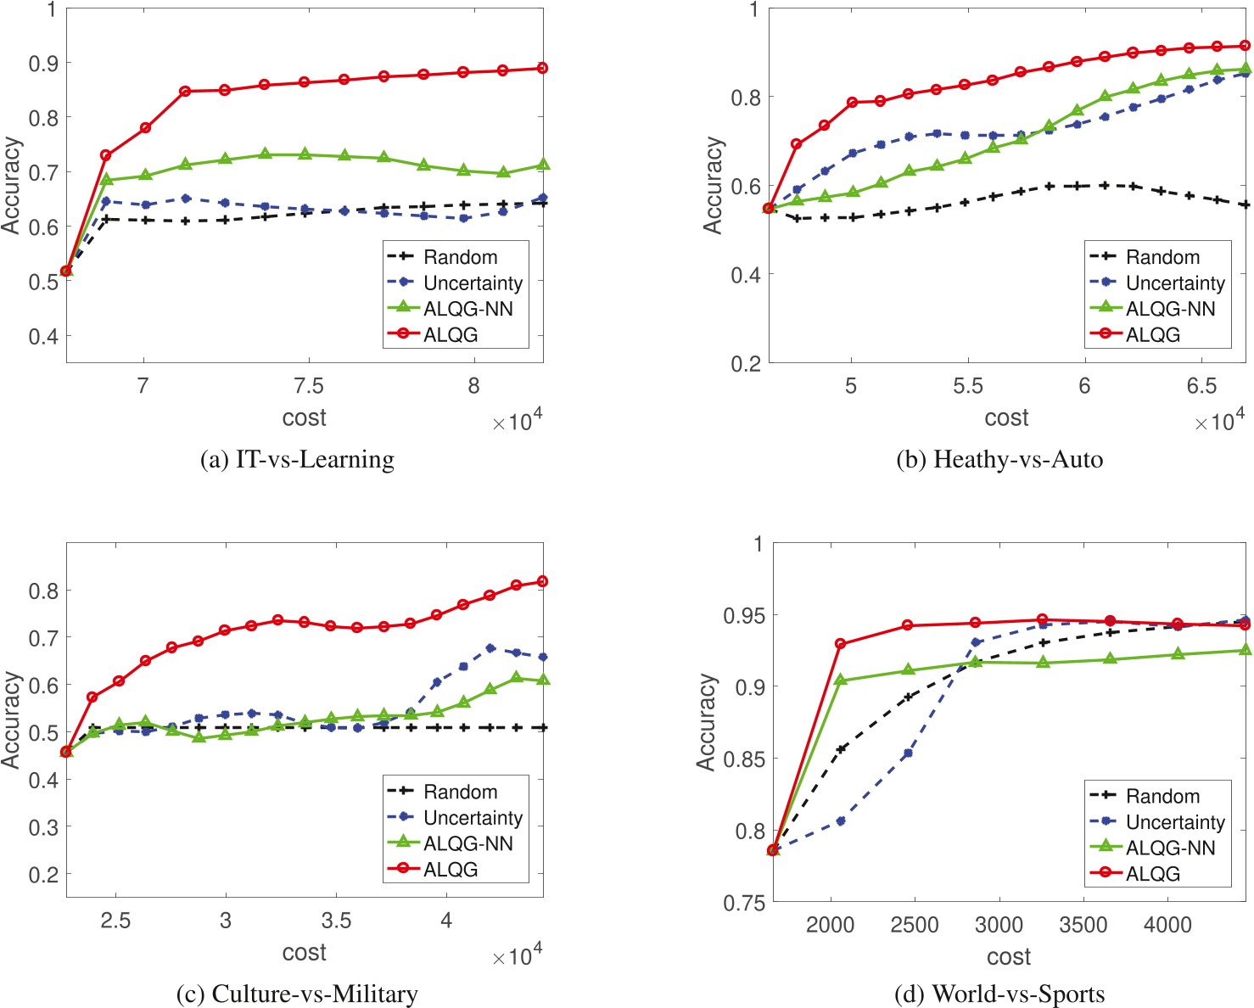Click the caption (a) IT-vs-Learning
coord(297,460)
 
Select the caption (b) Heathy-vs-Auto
coord(999,460)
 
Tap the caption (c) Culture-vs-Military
coord(297,994)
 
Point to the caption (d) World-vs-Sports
coord(999,994)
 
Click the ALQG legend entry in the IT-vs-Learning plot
coord(451,335)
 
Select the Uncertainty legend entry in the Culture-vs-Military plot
coord(473,818)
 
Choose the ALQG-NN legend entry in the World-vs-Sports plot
coord(1170,848)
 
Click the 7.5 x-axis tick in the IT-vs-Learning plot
coord(308,386)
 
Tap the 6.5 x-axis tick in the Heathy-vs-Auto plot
coord(1201,386)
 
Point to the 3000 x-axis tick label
coord(999,925)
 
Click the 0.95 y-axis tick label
coord(743,615)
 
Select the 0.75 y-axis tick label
coord(743,904)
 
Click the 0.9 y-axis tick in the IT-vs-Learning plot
coord(43,64)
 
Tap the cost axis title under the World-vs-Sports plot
coord(1008,957)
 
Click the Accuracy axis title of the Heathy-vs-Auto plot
coord(713,185)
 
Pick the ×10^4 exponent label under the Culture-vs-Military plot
coord(517,956)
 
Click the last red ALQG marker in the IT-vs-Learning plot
coord(543,68)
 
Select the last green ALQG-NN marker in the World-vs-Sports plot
coord(1246,650)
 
